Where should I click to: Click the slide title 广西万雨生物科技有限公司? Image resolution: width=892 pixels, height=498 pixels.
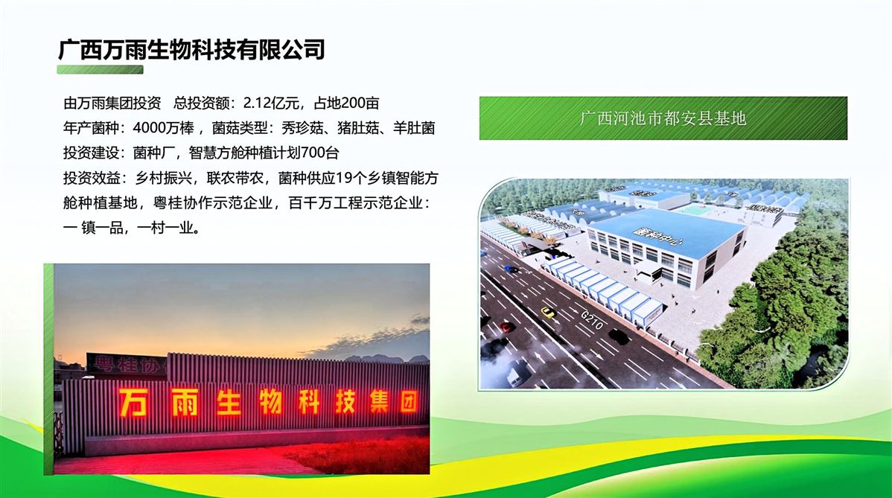(x=191, y=49)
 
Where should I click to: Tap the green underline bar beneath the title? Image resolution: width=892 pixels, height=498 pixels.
(x=100, y=70)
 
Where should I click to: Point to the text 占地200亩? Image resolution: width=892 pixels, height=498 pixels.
(x=346, y=103)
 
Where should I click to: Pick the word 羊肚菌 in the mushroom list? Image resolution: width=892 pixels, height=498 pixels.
(x=414, y=128)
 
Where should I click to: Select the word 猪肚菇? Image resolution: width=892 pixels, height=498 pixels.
(x=358, y=128)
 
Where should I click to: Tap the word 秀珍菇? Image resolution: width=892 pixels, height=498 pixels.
(x=302, y=128)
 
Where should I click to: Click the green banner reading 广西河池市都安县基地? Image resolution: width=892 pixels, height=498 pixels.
(x=663, y=118)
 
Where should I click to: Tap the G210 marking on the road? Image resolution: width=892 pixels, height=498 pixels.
(x=592, y=320)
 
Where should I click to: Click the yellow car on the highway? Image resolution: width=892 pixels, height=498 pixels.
(x=547, y=312)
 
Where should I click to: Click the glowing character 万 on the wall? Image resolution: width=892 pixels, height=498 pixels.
(x=132, y=402)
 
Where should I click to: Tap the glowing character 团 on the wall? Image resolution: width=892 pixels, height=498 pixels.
(x=408, y=401)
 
